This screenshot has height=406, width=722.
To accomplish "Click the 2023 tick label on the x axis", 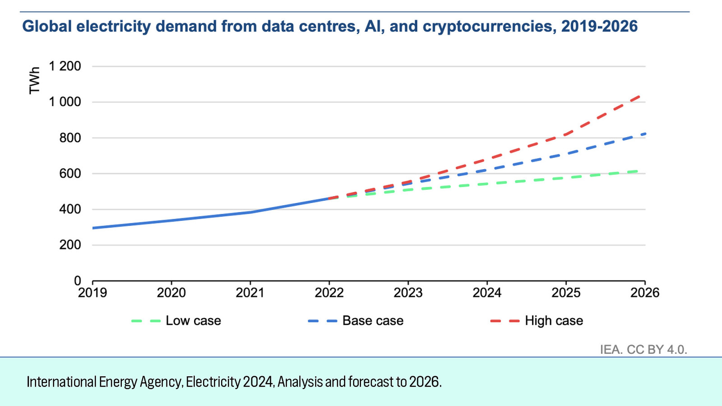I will click(408, 293).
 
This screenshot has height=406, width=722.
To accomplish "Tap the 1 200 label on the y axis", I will click(65, 66).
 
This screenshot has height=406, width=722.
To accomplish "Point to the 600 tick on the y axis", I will click(70, 174).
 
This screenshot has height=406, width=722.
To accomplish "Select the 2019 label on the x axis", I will click(93, 293).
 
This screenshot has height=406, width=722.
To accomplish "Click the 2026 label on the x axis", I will click(644, 293).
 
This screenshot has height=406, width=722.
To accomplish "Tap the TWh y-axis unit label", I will click(34, 80).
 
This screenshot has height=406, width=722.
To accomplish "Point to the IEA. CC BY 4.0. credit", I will click(643, 350).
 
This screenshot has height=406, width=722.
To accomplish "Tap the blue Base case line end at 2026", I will click(644, 134).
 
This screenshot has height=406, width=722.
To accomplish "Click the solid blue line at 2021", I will click(250, 212).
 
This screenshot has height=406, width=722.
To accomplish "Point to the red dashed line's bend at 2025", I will click(566, 134).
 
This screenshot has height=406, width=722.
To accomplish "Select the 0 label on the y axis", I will click(78, 281).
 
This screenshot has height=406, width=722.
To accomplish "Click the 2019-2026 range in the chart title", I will click(599, 26).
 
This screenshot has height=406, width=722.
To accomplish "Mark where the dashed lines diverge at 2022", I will click(329, 198).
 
